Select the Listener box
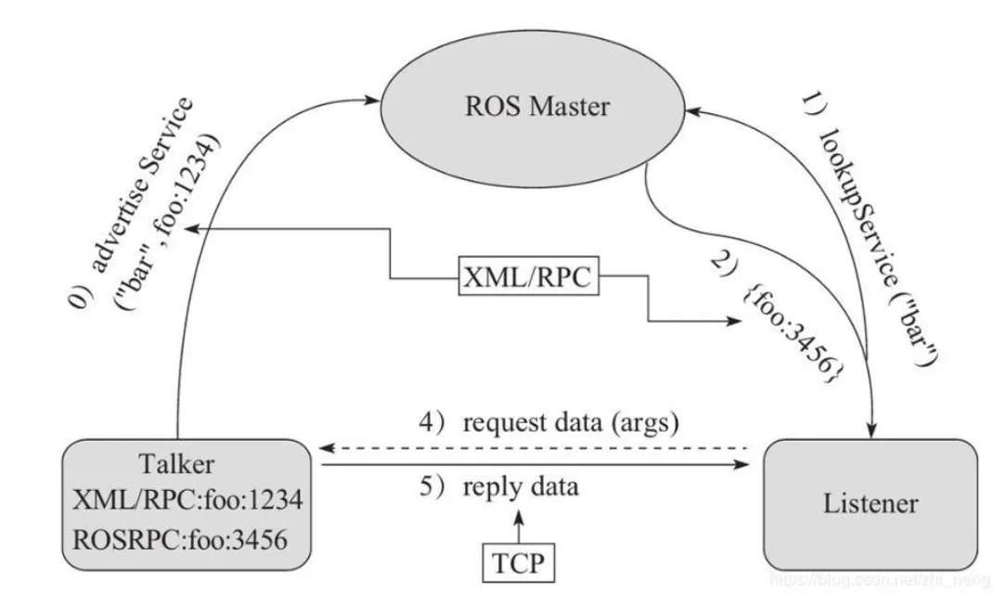[x=870, y=503]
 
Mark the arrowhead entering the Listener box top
[x=873, y=429]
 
